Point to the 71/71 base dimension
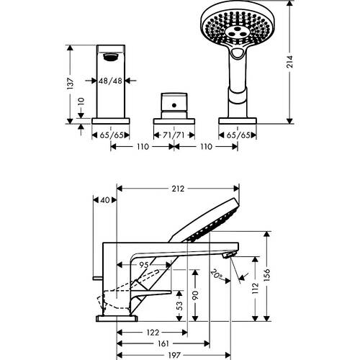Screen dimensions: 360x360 click(x=172, y=135)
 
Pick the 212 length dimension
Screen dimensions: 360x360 click(x=179, y=189)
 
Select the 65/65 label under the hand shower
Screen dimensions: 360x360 click(x=235, y=135)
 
